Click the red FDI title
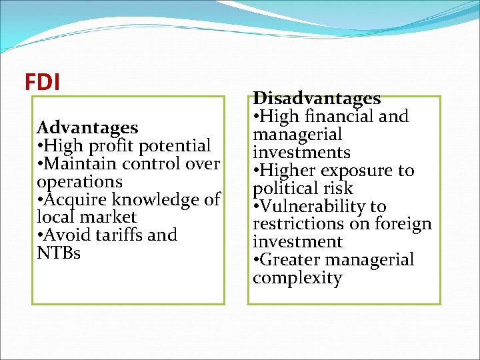point(42,82)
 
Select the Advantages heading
point(87,127)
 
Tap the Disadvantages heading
point(317,99)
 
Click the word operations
point(79,182)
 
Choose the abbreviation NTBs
point(59,253)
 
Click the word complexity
point(297,278)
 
